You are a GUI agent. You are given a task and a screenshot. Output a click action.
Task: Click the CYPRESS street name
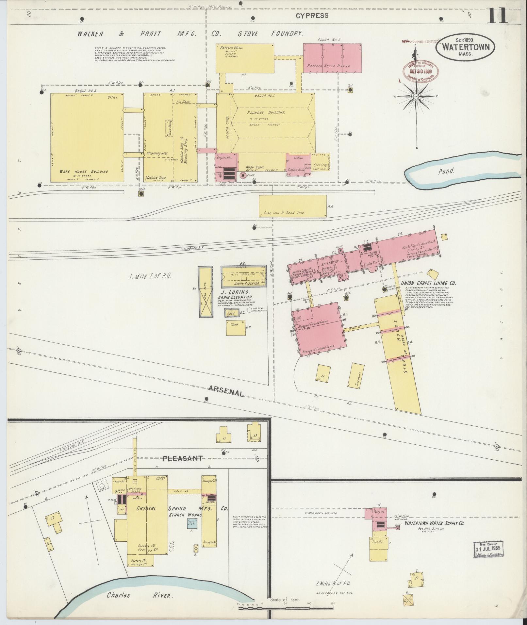pos(312,15)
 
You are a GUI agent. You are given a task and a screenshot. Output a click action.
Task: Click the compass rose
pos(417,97)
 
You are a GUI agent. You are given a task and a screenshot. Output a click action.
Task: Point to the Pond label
pos(446,171)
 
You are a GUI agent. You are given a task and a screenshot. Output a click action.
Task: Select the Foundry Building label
pos(266,112)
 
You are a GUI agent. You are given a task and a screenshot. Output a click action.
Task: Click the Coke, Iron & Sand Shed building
pos(293,206)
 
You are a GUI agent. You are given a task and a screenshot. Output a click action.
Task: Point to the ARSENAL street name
pos(225,391)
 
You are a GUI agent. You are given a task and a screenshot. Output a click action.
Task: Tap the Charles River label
pos(140,595)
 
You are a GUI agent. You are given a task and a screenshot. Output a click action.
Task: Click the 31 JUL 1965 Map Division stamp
pos(488,549)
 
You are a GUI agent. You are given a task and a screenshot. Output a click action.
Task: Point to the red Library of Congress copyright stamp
pos(421,69)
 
